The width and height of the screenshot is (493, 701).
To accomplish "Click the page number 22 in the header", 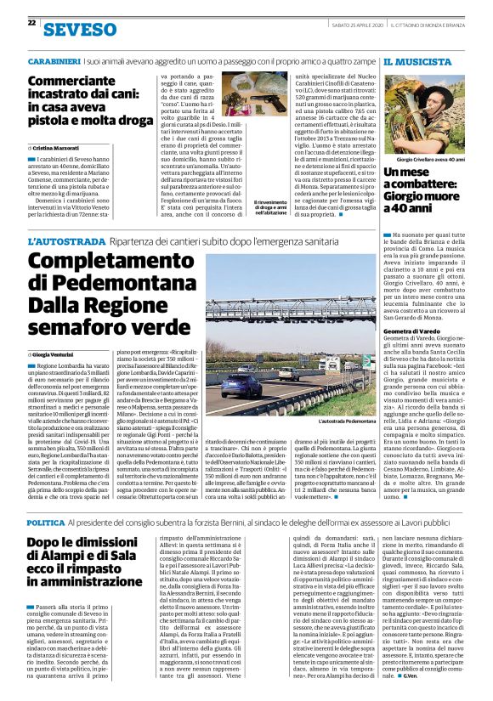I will pos(31,24).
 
